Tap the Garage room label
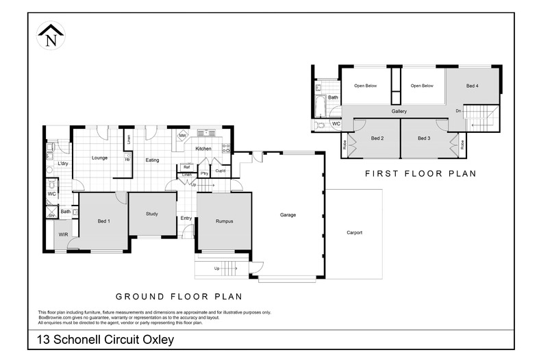pos(288,215)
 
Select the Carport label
pos(354,233)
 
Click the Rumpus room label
pos(224,221)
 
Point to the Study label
pos(152,214)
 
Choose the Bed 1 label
pos(103,221)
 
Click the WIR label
pos(63,235)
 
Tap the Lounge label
pos(100,158)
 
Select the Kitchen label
pos(203,149)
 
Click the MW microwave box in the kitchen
pos(183,136)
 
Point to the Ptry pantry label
pos(204,174)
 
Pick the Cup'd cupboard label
pos(221,171)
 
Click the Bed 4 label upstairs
pos(472,86)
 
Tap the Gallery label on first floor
pos(399,111)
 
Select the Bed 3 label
pos(424,138)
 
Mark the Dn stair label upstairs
pos(458,110)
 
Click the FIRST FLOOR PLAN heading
pos(420,174)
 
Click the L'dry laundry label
pos(62,164)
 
